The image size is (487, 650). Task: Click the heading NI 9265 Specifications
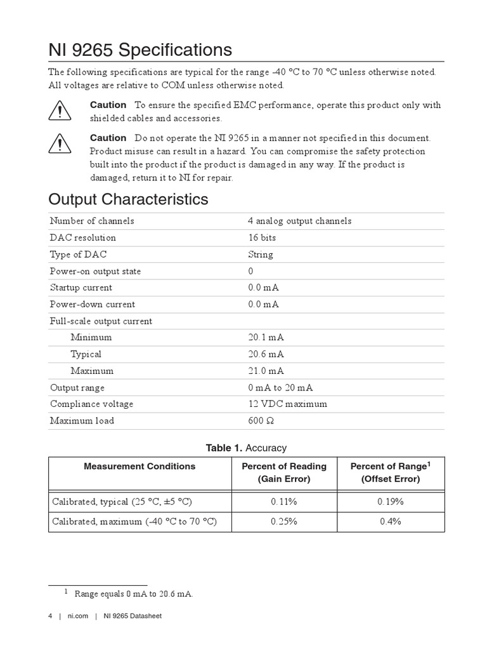click(x=140, y=50)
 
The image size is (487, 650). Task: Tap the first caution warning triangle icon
click(x=59, y=112)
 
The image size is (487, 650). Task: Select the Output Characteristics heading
click(x=128, y=199)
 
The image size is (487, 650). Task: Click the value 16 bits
click(x=262, y=237)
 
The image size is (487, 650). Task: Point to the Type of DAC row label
click(x=79, y=255)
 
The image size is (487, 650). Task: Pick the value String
click(x=261, y=255)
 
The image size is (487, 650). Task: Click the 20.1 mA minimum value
click(x=266, y=338)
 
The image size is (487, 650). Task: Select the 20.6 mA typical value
click(x=266, y=354)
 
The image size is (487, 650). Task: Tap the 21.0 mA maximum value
click(x=266, y=371)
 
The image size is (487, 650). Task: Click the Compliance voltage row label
click(x=92, y=404)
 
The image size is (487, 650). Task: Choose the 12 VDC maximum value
click(x=288, y=404)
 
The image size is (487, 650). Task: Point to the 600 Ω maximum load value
click(x=261, y=421)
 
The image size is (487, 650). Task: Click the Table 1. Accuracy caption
click(x=246, y=448)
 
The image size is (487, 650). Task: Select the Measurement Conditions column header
click(x=140, y=466)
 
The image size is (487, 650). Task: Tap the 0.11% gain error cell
click(x=283, y=501)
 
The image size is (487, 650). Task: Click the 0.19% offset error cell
click(x=391, y=501)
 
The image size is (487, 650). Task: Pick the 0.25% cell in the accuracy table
click(x=283, y=522)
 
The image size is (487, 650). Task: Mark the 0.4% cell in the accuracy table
click(x=391, y=522)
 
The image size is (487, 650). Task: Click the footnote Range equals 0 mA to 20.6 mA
click(x=134, y=594)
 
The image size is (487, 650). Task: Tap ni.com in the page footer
click(x=76, y=616)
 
